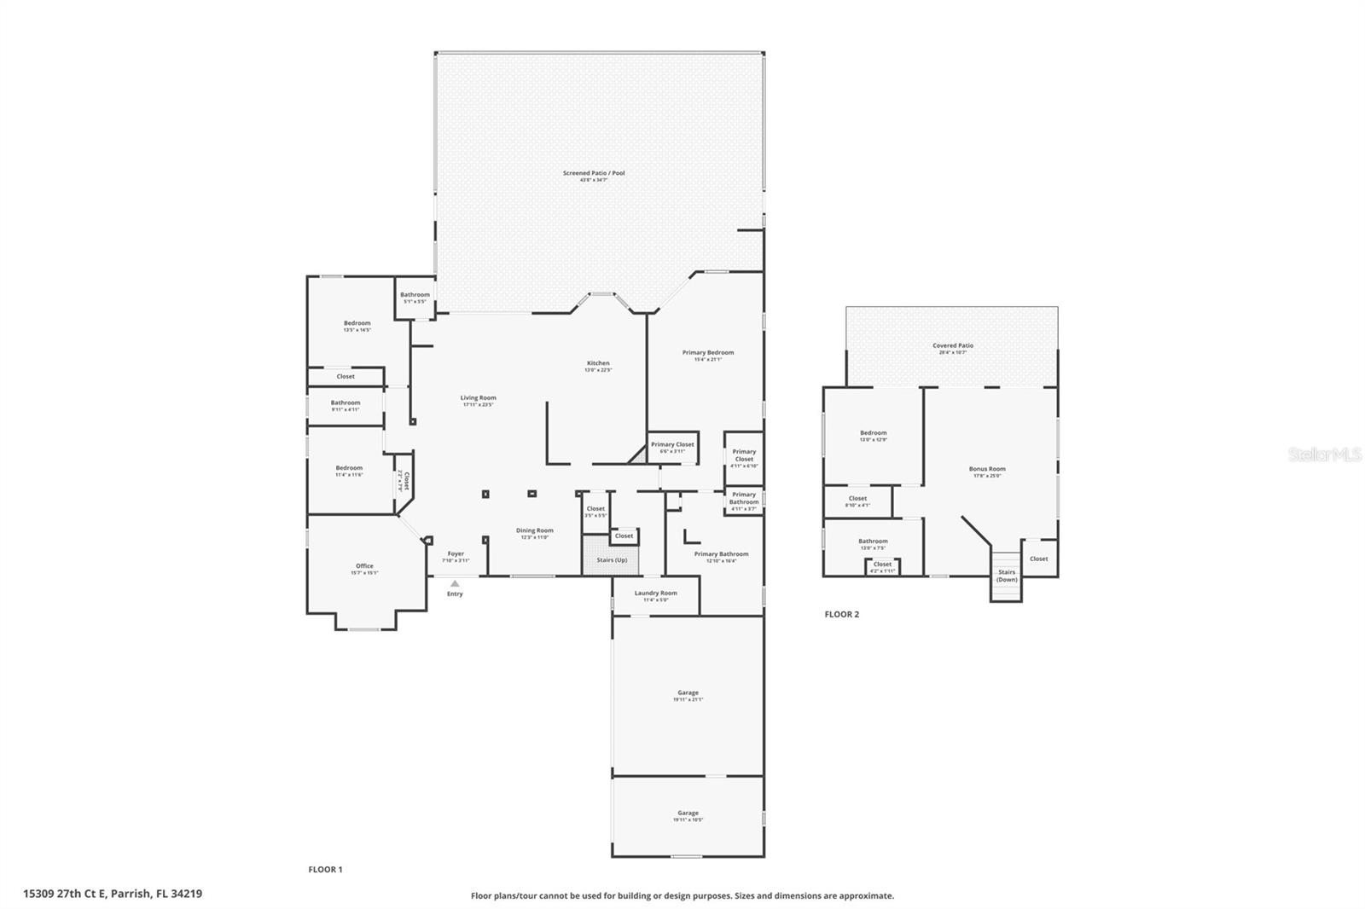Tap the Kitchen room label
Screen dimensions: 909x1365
tap(597, 364)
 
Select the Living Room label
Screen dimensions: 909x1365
tap(478, 398)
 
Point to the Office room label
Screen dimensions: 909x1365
tap(364, 567)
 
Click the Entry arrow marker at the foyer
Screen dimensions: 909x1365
tap(455, 584)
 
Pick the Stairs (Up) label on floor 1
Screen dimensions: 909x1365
tap(611, 560)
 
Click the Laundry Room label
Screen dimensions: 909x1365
tap(655, 593)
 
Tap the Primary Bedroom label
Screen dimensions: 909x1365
tap(707, 353)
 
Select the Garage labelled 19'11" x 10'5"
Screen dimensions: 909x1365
tap(688, 813)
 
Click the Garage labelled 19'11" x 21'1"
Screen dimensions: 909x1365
tap(688, 693)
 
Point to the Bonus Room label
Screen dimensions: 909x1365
tap(986, 469)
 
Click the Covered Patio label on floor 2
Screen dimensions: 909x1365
tap(952, 346)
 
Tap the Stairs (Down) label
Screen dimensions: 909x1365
tap(1007, 576)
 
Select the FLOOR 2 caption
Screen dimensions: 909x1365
tap(841, 614)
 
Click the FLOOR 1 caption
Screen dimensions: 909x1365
tap(325, 870)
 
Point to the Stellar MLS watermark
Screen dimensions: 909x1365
tap(1324, 455)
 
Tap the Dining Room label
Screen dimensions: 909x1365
tap(534, 531)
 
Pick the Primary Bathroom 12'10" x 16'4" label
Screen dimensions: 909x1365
tap(721, 555)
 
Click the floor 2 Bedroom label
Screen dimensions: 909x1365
tap(873, 433)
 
